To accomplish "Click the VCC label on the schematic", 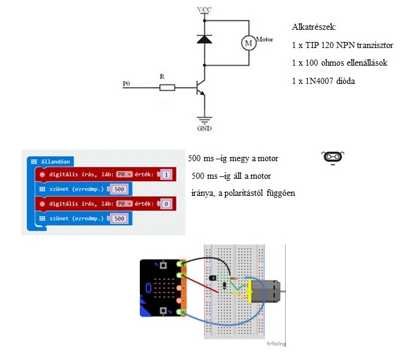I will (204, 10).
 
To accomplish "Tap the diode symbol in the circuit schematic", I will (204, 39).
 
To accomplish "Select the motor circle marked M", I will (248, 43).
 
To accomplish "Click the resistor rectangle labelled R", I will (167, 88).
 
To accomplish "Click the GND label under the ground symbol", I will (204, 129).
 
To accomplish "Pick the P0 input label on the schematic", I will (126, 83).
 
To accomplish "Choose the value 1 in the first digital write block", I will (166, 175).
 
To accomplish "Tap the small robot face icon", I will (332, 157).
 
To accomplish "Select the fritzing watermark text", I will (276, 344).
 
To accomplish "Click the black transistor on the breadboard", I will (213, 277).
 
